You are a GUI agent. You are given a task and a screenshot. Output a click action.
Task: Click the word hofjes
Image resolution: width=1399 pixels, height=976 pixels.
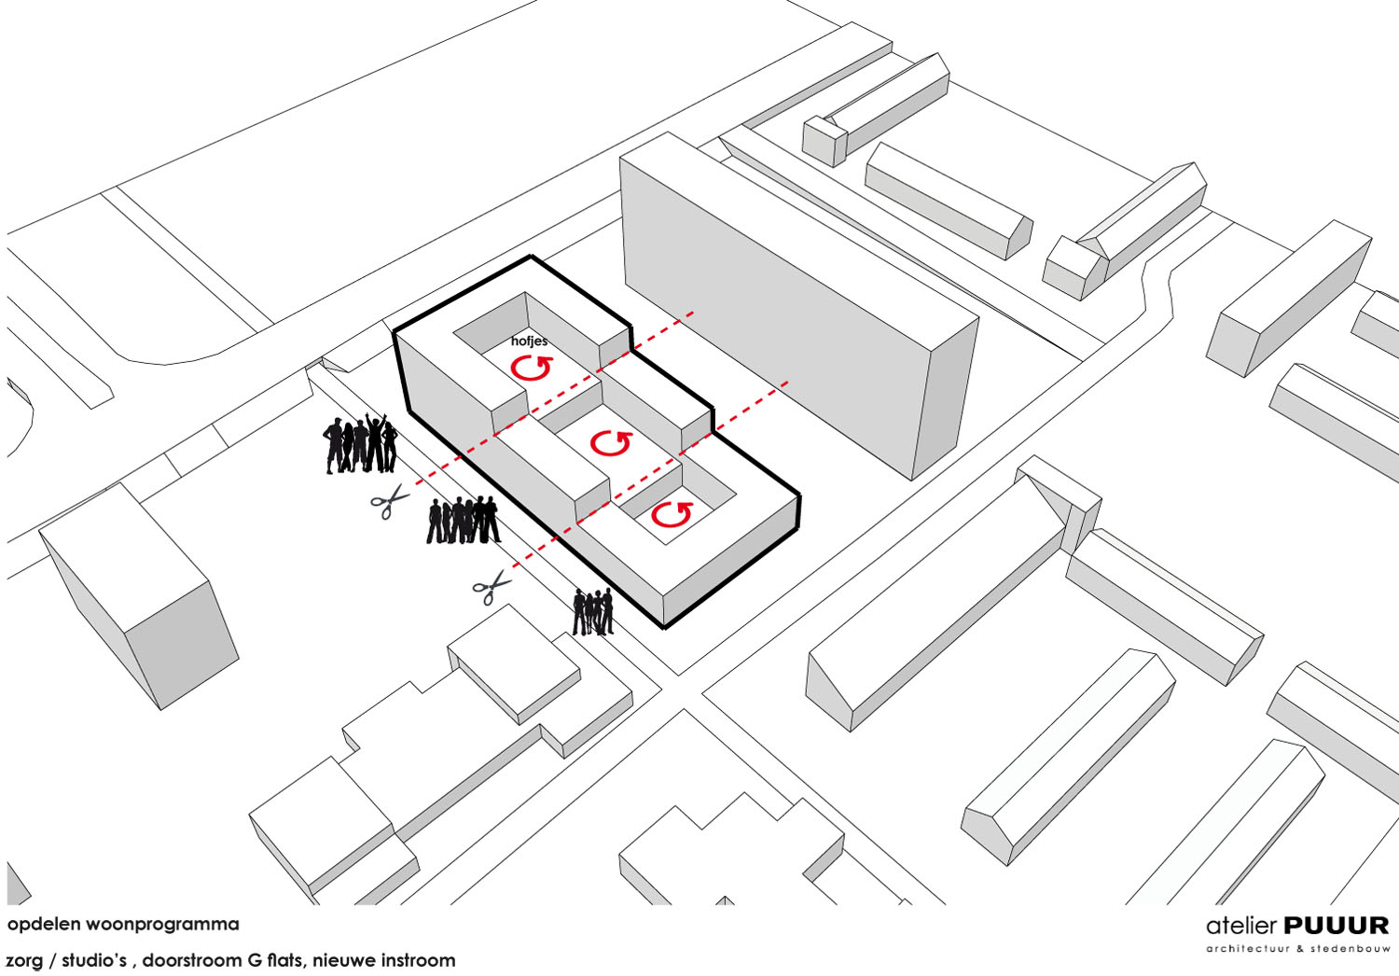pyautogui.click(x=529, y=342)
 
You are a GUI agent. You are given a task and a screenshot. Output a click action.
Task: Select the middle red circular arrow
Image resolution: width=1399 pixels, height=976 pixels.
pyautogui.click(x=611, y=443)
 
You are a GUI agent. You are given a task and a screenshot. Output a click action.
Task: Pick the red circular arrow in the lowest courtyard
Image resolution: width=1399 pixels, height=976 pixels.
pyautogui.click(x=671, y=514)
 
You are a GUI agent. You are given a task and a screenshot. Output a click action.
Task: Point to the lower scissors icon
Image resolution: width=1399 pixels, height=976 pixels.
pyautogui.click(x=492, y=586)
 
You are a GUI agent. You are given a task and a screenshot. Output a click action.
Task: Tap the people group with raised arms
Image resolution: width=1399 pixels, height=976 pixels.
pyautogui.click(x=361, y=443)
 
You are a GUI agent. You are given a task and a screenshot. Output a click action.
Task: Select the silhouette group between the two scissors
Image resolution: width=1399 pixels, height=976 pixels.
pyautogui.click(x=463, y=520)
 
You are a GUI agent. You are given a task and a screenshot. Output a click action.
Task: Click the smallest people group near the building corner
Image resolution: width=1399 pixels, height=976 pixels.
pyautogui.click(x=593, y=612)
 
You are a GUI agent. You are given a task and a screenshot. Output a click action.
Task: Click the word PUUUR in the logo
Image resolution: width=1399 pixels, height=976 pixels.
pyautogui.click(x=1337, y=926)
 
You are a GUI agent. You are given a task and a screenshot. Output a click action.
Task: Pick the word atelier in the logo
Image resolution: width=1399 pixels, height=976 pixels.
pyautogui.click(x=1240, y=926)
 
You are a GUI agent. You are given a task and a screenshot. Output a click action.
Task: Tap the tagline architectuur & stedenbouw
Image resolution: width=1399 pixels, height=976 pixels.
pyautogui.click(x=1297, y=949)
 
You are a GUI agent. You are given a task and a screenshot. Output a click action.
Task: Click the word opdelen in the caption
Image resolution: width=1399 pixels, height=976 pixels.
pyautogui.click(x=44, y=925)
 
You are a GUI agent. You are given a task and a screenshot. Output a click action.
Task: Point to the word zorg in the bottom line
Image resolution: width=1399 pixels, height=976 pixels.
pyautogui.click(x=25, y=961)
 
